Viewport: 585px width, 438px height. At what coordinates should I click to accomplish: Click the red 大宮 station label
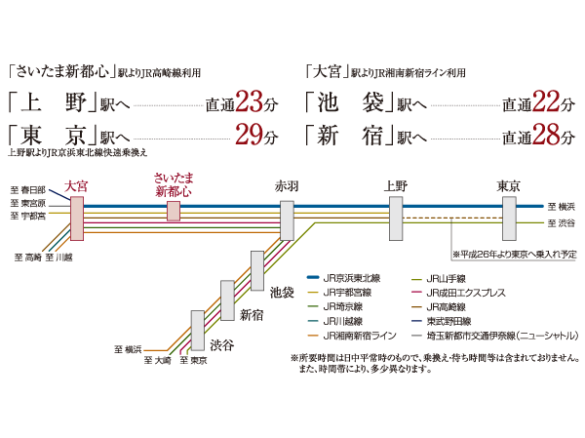pyautogui.click(x=75, y=184)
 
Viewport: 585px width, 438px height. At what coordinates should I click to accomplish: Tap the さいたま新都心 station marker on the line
pyautogui.click(x=174, y=212)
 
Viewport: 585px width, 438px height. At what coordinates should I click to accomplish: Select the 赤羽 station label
pyautogui.click(x=287, y=185)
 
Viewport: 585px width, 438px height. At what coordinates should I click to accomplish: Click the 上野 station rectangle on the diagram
pyautogui.click(x=395, y=218)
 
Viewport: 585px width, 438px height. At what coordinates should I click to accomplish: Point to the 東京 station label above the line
pyautogui.click(x=509, y=185)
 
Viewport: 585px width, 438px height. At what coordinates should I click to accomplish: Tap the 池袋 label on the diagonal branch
pyautogui.click(x=282, y=291)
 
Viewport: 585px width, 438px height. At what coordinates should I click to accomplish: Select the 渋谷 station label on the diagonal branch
pyautogui.click(x=222, y=344)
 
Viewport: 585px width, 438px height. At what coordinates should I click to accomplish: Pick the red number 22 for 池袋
pyautogui.click(x=546, y=102)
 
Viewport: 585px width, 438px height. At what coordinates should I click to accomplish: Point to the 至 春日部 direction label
pyautogui.click(x=28, y=189)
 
